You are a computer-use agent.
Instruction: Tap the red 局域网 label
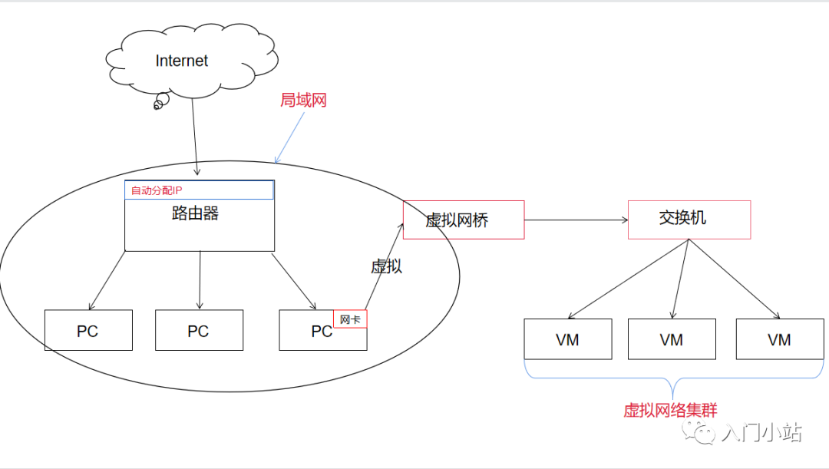coord(303,100)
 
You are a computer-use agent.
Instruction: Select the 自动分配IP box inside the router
coord(199,190)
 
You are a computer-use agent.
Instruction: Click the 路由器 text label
coord(195,214)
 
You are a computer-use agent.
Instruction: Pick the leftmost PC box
coord(88,331)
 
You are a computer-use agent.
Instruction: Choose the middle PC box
coord(199,331)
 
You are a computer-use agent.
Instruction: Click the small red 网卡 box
coord(350,319)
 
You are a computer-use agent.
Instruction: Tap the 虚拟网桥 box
coord(464,220)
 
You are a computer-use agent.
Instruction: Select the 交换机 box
coord(689,220)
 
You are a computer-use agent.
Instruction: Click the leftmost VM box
coord(568,339)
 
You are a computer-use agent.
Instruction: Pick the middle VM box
coord(672,339)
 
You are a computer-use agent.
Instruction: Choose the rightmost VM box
coord(779,339)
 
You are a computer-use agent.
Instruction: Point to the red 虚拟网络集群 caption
coord(670,411)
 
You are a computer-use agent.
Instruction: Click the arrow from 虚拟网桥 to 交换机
coord(576,220)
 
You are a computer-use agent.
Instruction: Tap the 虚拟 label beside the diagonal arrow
coord(386,266)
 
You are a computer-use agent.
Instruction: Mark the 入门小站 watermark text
coord(761,434)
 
